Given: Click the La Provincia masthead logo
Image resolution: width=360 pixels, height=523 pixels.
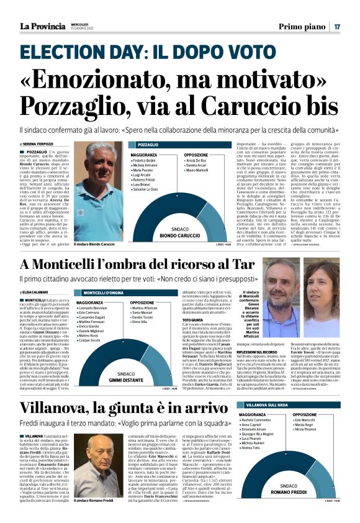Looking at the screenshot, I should [x=45, y=26].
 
